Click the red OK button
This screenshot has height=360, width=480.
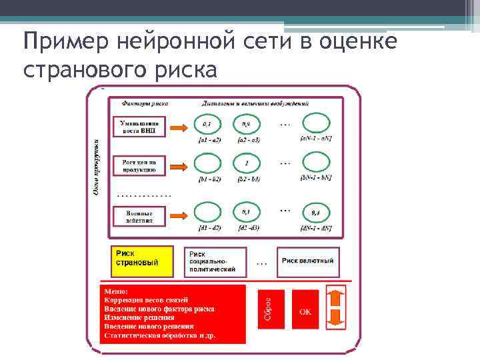305,311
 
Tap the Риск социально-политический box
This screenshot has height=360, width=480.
215,261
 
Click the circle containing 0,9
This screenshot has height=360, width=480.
247,125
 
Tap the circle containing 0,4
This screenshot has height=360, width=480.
315,213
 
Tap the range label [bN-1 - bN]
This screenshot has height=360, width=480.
317,179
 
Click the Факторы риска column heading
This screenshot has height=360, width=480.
144,104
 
